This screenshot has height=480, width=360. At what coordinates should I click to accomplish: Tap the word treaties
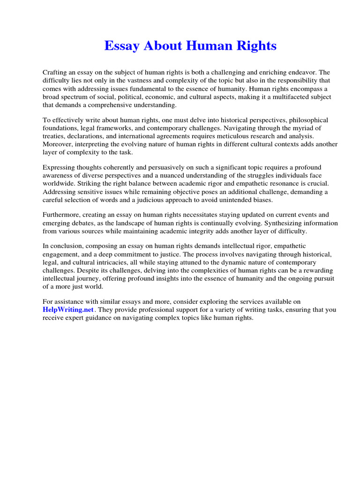tap(52, 136)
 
